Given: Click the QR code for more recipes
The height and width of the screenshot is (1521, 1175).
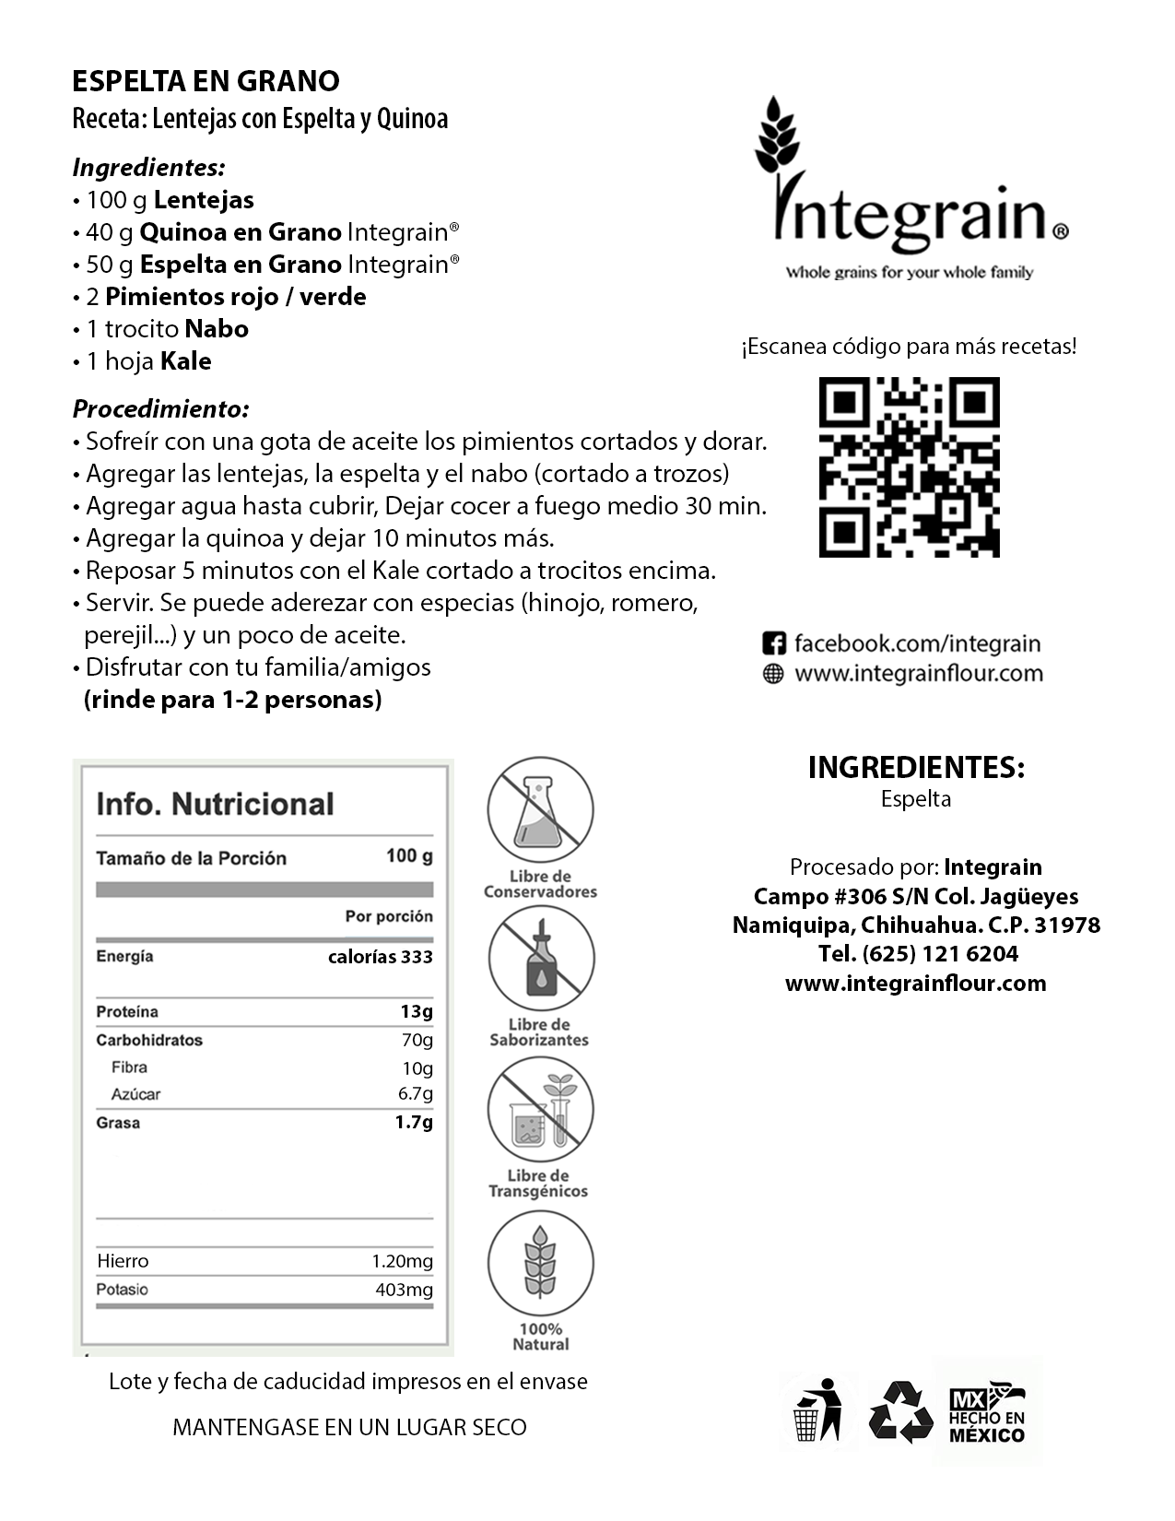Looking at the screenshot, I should pos(909,467).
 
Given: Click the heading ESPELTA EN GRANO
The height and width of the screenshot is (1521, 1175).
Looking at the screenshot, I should pos(206,81).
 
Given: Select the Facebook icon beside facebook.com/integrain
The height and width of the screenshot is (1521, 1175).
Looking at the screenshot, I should pos(774,643).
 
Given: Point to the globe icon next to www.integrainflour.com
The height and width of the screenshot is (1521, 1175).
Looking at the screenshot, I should pos(774,674).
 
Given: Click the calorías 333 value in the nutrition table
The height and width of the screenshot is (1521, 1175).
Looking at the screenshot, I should pos(380,957).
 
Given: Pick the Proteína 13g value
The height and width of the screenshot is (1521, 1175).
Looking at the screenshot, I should pos(416,1011).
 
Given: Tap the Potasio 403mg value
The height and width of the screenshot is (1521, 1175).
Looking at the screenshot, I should pos(404,1290).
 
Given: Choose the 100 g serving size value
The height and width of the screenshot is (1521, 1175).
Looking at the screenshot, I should pos(409,856).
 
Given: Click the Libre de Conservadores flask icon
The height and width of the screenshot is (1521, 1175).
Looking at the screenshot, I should pos(540,810).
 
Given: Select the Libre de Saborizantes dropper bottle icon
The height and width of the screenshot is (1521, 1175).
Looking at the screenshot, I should pos(540,959).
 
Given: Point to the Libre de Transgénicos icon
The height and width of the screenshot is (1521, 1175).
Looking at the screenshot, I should pos(540,1110).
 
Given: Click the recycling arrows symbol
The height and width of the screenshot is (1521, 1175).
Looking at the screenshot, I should pos(895,1411).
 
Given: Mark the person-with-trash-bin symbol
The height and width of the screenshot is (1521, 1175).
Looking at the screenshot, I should pos(817,1410).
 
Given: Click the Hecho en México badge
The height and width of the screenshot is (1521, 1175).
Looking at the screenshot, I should pos(987,1411).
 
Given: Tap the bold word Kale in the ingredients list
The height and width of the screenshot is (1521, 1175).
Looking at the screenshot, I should pos(185,361).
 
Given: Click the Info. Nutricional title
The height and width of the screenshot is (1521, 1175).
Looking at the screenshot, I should pos(215,804).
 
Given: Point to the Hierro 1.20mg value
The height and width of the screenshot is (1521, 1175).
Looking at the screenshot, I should pos(402,1261).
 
